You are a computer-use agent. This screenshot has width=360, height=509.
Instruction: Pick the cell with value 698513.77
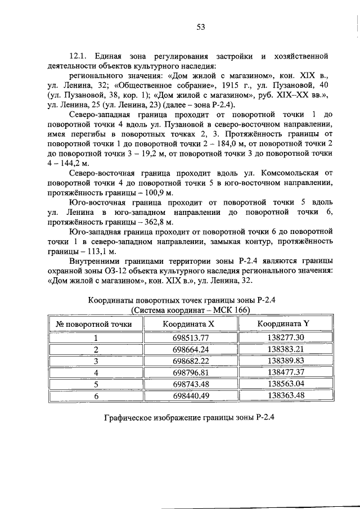point(191,337)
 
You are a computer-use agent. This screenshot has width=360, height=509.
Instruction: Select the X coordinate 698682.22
point(191,361)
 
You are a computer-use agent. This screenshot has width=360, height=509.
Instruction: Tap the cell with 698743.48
point(191,384)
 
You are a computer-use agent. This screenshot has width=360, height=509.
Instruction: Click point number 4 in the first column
point(96,373)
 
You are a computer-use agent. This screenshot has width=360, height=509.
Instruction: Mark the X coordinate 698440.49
point(191,396)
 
